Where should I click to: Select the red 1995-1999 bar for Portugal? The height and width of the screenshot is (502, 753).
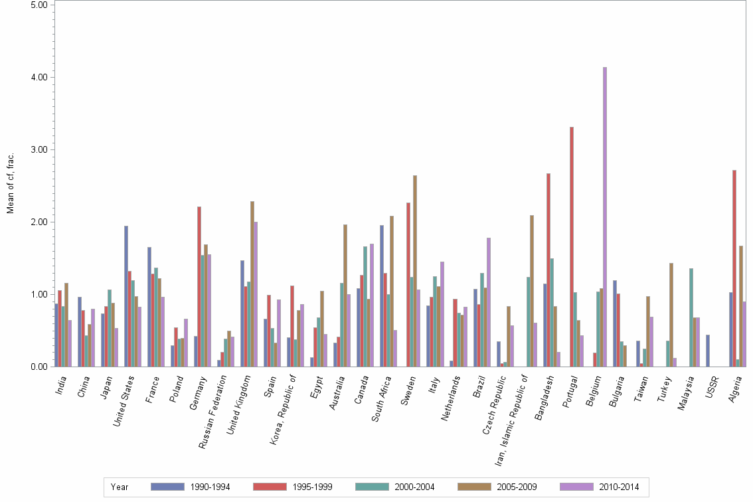(x=571, y=246)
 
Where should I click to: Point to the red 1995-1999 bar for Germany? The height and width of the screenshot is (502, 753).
(x=199, y=286)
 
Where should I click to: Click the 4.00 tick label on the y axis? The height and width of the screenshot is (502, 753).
(x=39, y=77)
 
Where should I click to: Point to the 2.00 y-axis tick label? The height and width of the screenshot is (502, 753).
(x=39, y=222)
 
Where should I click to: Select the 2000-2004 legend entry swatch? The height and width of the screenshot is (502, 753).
(x=373, y=487)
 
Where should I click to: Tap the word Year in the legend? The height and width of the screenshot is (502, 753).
(x=120, y=487)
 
